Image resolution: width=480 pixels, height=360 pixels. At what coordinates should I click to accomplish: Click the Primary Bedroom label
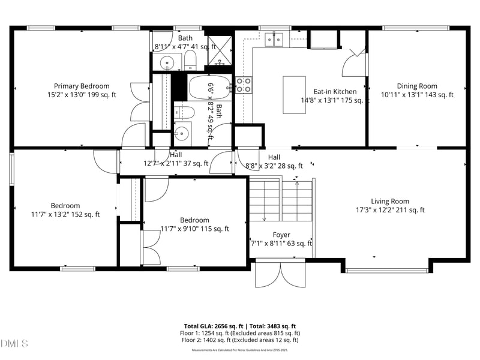click(x=82, y=86)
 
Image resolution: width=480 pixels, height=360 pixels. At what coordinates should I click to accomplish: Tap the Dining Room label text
click(x=417, y=86)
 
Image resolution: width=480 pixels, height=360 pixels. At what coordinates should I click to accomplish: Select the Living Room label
click(x=389, y=201)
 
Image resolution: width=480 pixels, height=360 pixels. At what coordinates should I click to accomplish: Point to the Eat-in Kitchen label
click(x=335, y=92)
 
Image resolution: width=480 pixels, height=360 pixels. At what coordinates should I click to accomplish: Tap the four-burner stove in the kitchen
click(x=243, y=85)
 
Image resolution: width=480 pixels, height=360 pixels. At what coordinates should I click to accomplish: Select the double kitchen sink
click(x=275, y=40)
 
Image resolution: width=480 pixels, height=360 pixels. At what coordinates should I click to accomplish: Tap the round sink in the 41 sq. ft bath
click(x=167, y=62)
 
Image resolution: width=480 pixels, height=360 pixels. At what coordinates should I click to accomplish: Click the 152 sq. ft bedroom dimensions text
click(x=65, y=214)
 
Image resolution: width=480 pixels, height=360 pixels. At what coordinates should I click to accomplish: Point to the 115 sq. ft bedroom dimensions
click(x=194, y=229)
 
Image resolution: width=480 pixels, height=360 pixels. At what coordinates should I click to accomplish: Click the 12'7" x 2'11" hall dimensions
click(x=176, y=163)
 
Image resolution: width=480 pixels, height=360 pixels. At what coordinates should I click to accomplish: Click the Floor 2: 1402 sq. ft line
click(x=240, y=340)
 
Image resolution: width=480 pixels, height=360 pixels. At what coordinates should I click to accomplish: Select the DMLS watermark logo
click(x=14, y=344)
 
